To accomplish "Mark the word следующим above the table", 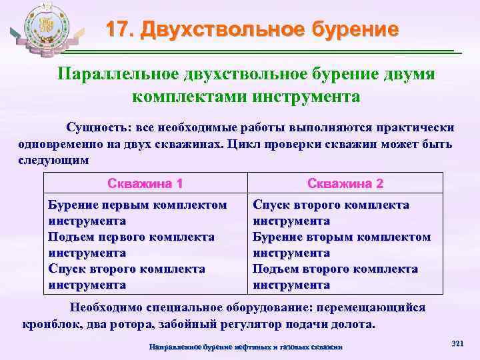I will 53,159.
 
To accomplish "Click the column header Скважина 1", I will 145,183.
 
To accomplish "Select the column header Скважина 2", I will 345,183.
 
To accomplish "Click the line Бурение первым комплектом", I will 137,205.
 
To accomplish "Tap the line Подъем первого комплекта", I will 131,237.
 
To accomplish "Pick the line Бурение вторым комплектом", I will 342,237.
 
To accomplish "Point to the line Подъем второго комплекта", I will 335,269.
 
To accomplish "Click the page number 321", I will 457,343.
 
